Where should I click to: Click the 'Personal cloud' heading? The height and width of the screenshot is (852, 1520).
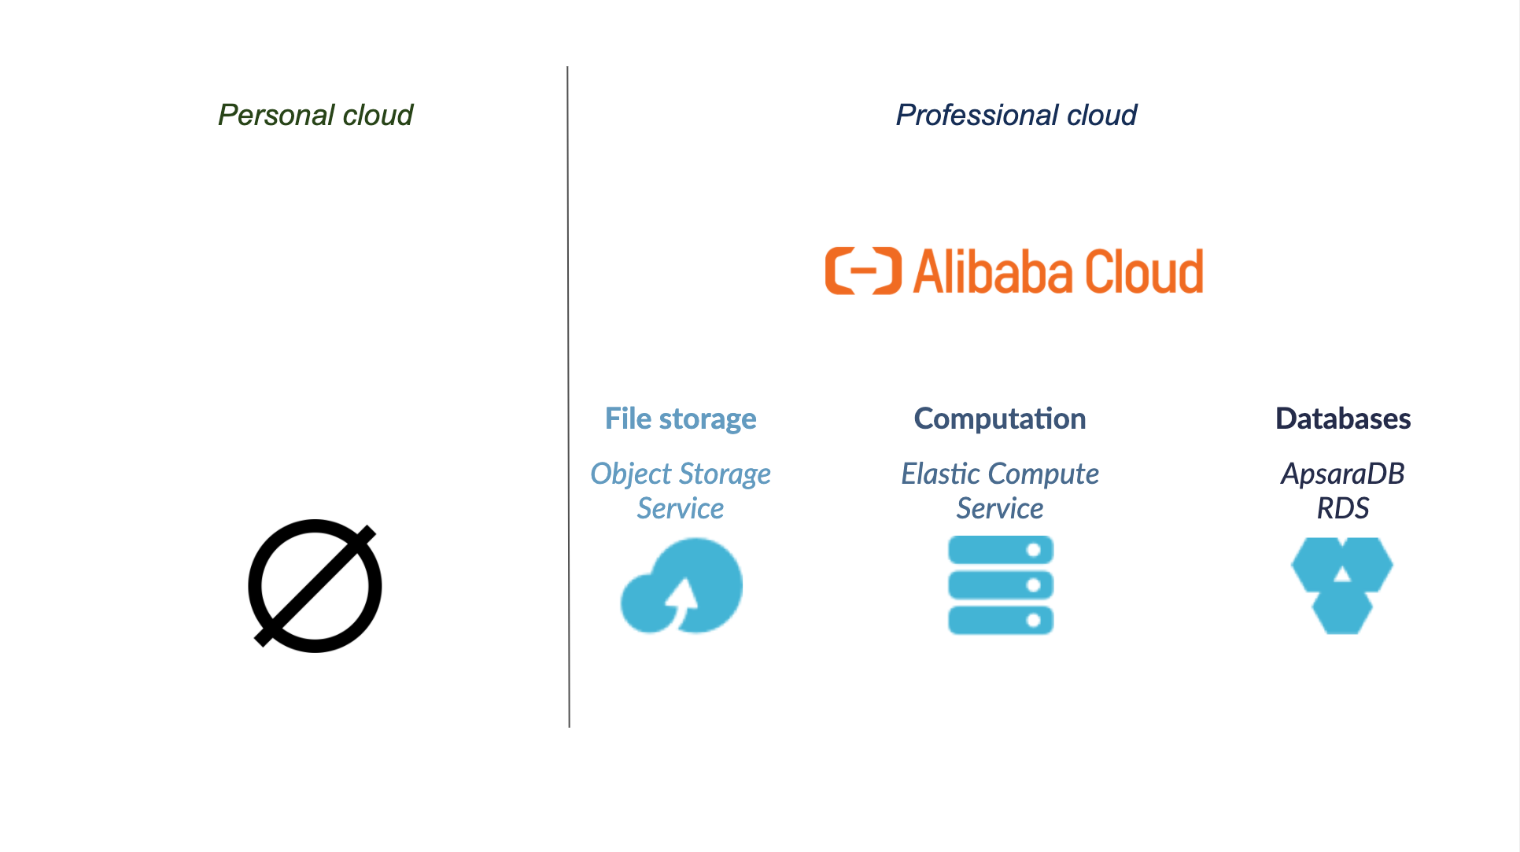pyautogui.click(x=315, y=116)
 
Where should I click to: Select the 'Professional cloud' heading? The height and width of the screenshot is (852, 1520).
pyautogui.click(x=1016, y=116)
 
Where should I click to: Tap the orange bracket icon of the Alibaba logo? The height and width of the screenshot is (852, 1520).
pyautogui.click(x=862, y=271)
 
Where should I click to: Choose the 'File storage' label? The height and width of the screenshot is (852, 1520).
pyautogui.click(x=681, y=419)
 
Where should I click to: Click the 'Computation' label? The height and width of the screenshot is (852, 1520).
pyautogui.click(x=999, y=419)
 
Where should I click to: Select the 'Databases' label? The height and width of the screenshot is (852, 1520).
pyautogui.click(x=1342, y=419)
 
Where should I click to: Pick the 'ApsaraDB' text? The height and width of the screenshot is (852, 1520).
pyautogui.click(x=1342, y=474)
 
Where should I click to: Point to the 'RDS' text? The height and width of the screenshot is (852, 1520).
pyautogui.click(x=1342, y=508)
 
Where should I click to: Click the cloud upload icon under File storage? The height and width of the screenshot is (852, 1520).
pyautogui.click(x=681, y=586)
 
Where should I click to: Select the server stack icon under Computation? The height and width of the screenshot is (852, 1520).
pyautogui.click(x=1000, y=585)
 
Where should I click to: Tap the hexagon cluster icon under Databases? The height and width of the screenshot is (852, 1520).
pyautogui.click(x=1342, y=585)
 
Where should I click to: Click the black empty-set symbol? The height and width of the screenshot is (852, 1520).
pyautogui.click(x=315, y=586)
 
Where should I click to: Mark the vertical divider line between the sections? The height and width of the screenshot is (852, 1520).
pyautogui.click(x=568, y=393)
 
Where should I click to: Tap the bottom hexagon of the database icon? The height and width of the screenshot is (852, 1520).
pyautogui.click(x=1342, y=614)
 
